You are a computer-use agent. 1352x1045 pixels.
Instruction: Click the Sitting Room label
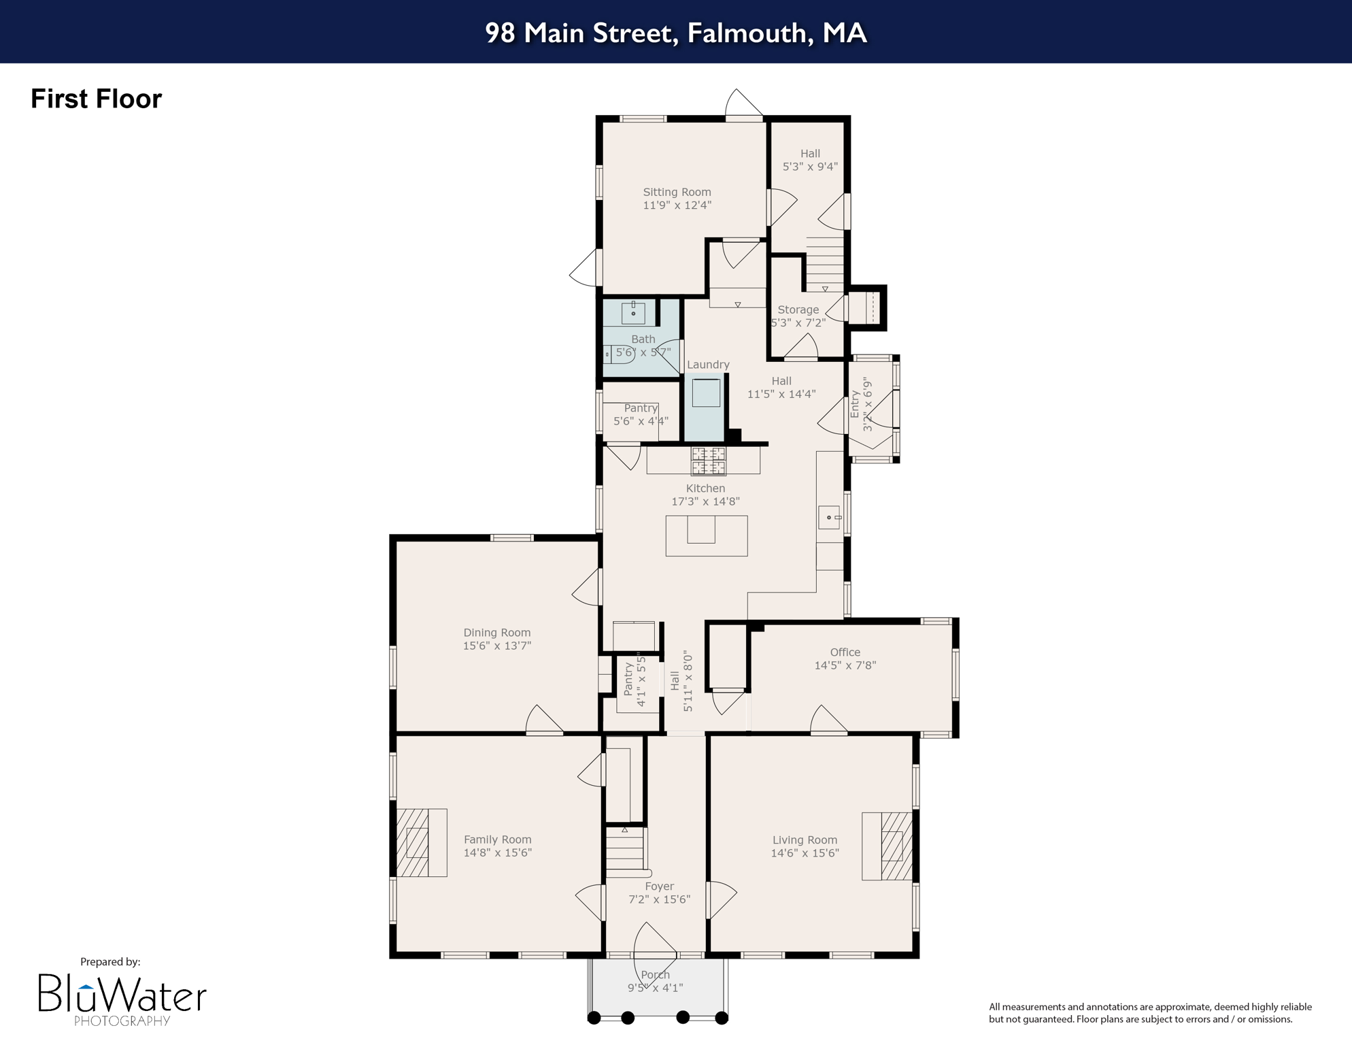[677, 193]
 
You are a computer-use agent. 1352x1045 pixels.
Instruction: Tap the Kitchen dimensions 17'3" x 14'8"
[705, 501]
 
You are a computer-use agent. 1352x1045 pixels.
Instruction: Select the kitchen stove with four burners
[708, 461]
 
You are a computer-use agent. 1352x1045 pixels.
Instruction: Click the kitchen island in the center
[706, 536]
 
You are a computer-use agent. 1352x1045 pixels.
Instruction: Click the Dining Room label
[496, 633]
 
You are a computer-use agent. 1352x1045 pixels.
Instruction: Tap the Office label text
[845, 652]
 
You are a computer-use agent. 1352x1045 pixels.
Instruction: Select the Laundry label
[707, 365]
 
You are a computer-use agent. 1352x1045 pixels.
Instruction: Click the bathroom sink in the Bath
[633, 314]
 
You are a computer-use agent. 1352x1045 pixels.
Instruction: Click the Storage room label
[798, 310]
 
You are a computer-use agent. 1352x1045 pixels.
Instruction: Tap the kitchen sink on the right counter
[829, 518]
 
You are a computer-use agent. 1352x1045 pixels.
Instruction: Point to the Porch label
[655, 975]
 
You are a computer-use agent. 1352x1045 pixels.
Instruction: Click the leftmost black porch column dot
[594, 1018]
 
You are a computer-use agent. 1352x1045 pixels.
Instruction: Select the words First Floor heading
[96, 99]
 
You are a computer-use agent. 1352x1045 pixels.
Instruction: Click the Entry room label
[855, 404]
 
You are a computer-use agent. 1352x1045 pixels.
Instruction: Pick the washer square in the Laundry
[706, 393]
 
